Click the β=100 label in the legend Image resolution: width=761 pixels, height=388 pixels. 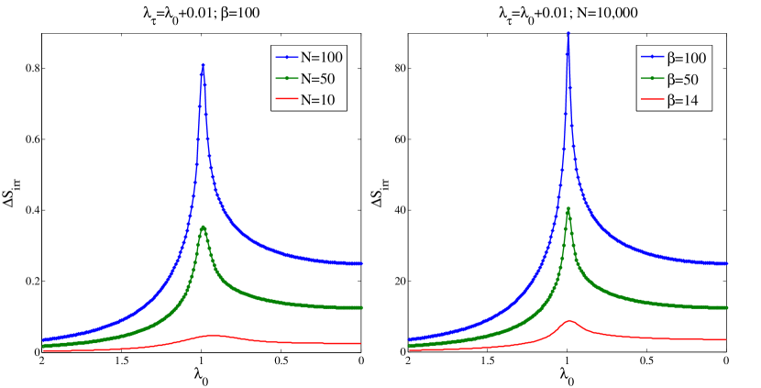point(688,59)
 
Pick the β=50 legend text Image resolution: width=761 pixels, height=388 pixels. point(684,80)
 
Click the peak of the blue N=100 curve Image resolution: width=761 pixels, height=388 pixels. point(203,65)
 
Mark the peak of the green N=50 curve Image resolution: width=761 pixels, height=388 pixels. point(203,227)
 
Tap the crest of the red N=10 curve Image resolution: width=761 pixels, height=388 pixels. point(212,335)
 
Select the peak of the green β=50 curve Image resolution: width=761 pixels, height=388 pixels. point(568,208)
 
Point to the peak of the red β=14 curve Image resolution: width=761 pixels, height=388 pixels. point(569,321)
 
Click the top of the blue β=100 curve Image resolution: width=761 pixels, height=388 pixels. point(568,35)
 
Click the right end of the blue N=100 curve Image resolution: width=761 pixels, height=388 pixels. point(360,263)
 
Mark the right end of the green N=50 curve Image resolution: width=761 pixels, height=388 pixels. point(360,307)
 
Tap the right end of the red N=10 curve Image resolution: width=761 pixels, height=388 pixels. point(360,343)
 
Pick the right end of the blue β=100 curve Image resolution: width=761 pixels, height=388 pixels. point(725,263)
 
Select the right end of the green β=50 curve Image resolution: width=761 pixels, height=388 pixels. point(725,307)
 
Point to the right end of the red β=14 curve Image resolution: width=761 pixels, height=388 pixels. point(725,339)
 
